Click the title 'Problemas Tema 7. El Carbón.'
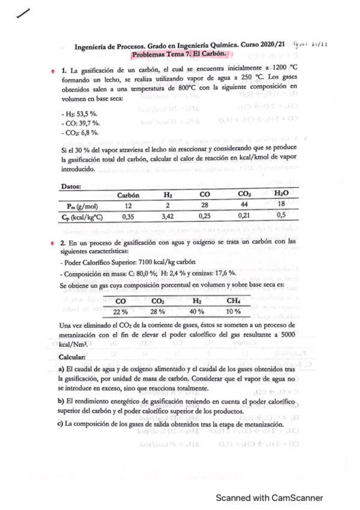[183, 54]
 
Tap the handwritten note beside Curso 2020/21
[311, 45]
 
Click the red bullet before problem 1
[53, 71]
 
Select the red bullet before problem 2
[53, 242]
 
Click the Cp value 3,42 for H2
[168, 217]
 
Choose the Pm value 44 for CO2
[245, 206]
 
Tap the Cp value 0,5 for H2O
[281, 217]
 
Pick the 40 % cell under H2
[197, 311]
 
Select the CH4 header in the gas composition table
[233, 300]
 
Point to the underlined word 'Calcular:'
[75, 357]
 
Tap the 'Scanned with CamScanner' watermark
[270, 497]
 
